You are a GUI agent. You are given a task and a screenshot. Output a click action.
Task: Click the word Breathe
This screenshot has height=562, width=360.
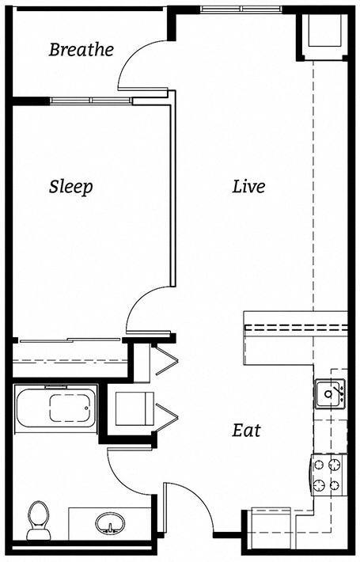point(81,50)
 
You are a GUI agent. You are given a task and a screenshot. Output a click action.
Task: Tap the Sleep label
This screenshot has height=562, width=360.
point(70,187)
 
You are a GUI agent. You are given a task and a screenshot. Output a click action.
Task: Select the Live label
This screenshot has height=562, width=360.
point(248,187)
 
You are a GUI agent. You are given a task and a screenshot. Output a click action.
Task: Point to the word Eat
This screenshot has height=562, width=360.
point(246,431)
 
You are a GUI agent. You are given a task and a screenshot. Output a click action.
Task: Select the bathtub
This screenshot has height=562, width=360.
point(55,407)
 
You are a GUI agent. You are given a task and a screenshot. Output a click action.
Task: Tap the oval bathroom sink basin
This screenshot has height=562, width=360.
point(108,523)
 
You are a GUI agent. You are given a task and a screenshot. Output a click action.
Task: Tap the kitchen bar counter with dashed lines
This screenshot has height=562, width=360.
point(294,325)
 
